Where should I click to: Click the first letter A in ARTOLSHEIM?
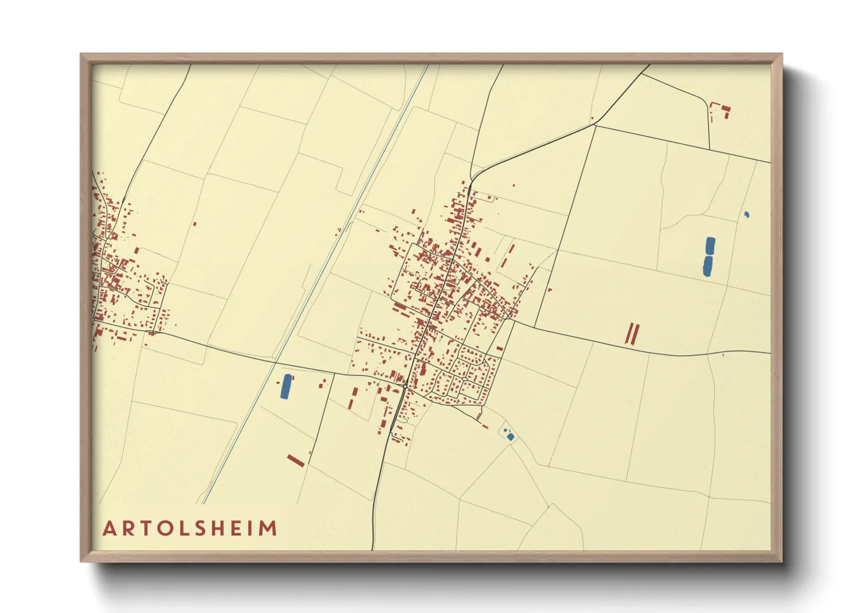pos(108,529)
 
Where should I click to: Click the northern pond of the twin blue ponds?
pos(710,246)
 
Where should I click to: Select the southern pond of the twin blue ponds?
pos(708,266)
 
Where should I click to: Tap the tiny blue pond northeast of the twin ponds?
pos(747,215)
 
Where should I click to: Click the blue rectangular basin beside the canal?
pos(286,386)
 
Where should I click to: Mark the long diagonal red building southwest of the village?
pos(296,461)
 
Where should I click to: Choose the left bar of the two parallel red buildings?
pos(629,334)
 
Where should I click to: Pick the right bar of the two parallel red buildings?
pos(636,334)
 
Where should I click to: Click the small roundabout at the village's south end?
pos(404,386)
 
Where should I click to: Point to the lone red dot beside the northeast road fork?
pos(592,119)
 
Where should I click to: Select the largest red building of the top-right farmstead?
pos(725,108)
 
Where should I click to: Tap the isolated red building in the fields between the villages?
pos(194,224)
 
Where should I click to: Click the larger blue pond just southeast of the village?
pos(510,437)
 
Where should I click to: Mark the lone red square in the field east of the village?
pos(550,290)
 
